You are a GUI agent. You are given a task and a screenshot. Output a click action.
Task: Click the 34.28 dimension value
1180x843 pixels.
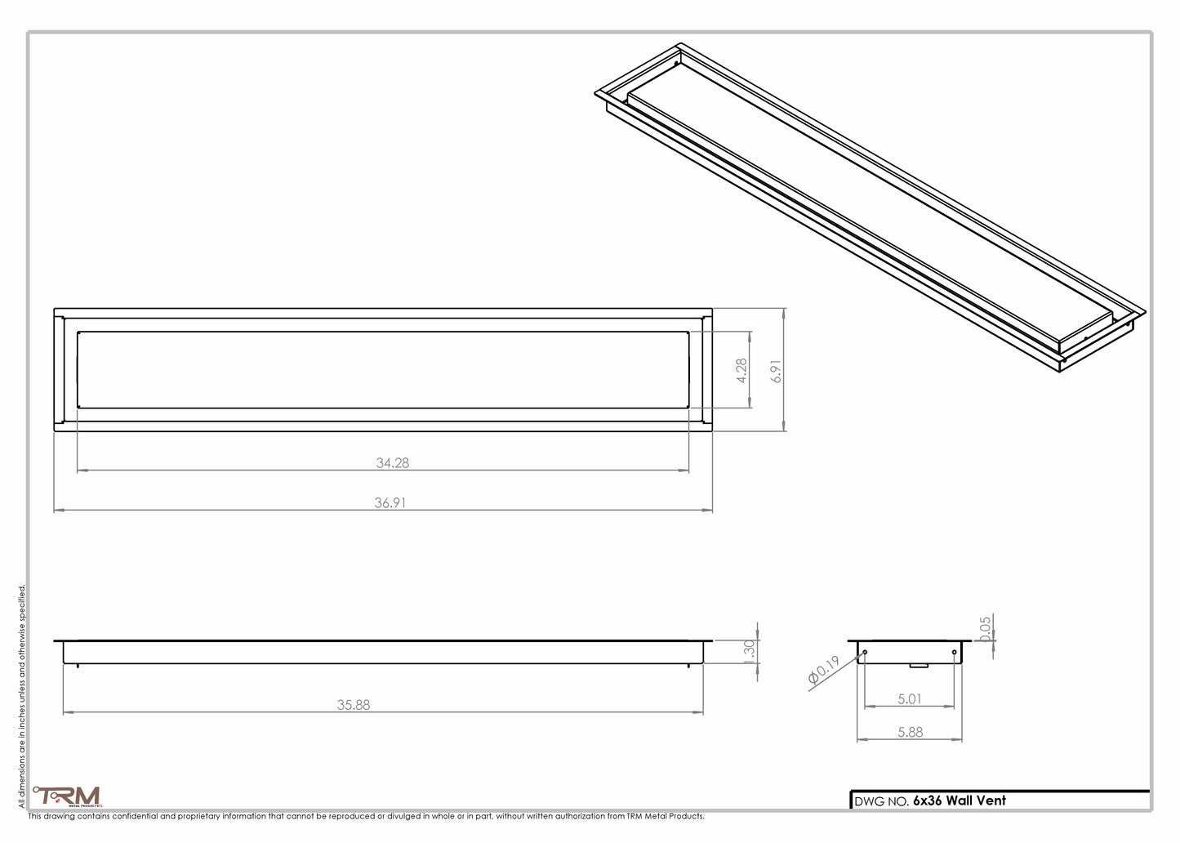[x=393, y=462]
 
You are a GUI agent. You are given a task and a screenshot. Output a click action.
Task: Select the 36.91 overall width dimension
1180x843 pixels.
[x=390, y=503]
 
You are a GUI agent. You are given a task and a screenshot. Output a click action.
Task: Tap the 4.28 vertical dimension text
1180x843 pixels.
[x=741, y=370]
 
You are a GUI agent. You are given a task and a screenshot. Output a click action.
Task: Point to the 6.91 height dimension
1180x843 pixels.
[x=777, y=371]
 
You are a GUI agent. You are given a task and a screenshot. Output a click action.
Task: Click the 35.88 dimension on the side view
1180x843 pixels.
[x=354, y=704]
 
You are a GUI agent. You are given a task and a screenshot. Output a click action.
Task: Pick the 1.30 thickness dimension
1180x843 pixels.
[x=750, y=652]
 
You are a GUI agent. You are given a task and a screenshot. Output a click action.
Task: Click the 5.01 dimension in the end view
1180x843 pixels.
[x=909, y=698]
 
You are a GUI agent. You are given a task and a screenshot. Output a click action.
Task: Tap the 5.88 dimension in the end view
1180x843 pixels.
[x=910, y=733]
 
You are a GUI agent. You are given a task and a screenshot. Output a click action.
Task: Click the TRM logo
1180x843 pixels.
[x=67, y=796]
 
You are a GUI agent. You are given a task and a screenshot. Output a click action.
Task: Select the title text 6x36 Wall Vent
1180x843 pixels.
[x=960, y=801]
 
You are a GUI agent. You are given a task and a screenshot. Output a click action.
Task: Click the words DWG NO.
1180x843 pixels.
[x=881, y=801]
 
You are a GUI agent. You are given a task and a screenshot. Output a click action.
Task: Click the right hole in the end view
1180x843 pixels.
[x=955, y=652]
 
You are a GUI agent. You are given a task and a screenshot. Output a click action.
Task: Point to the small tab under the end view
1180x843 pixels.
[x=919, y=666]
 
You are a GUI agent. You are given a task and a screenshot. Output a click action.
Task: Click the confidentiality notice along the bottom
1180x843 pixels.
[x=366, y=816]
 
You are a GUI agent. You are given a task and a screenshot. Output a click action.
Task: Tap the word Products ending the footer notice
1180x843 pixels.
[x=684, y=816]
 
